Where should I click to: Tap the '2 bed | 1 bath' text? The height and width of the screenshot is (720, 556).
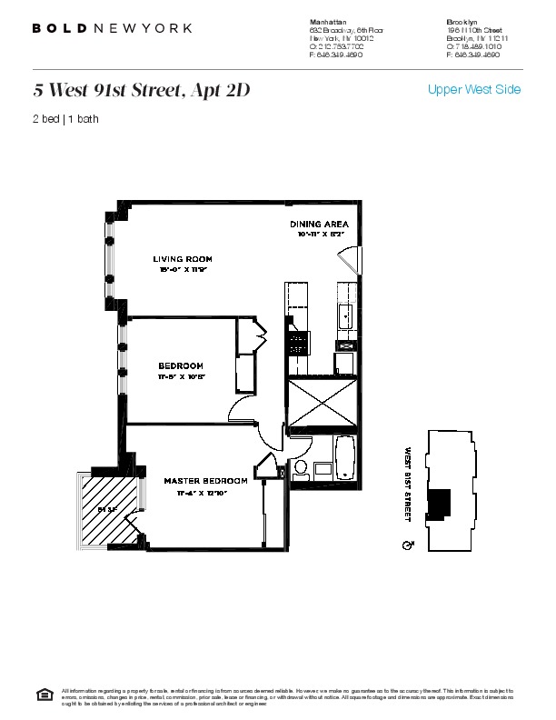pyautogui.click(x=65, y=119)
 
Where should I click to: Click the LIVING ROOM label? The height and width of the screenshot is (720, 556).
pyautogui.click(x=183, y=259)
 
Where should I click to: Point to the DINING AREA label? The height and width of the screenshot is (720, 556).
pyautogui.click(x=319, y=224)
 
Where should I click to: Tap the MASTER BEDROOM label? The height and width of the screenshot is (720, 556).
pyautogui.click(x=205, y=480)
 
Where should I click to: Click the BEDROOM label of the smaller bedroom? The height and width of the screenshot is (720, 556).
pyautogui.click(x=180, y=365)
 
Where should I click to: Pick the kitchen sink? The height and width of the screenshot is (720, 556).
pyautogui.click(x=346, y=315)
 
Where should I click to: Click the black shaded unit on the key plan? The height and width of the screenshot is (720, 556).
pyautogui.click(x=440, y=503)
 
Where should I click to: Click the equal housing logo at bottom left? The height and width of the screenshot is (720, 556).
pyautogui.click(x=44, y=695)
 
